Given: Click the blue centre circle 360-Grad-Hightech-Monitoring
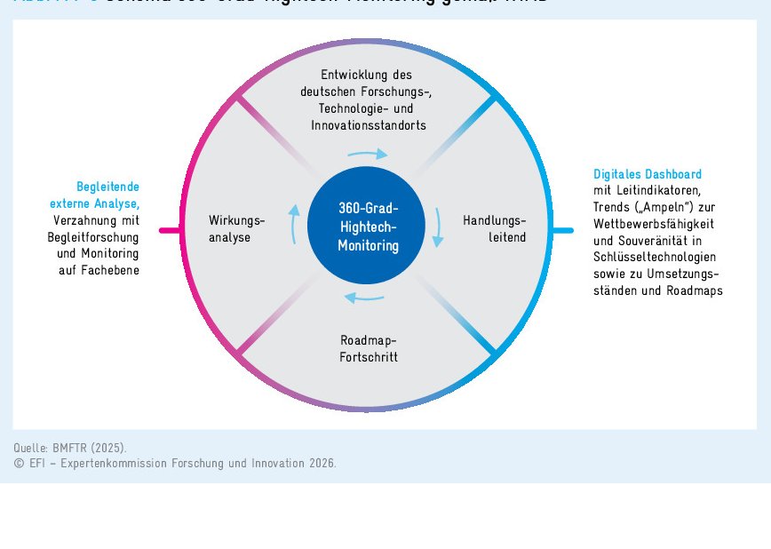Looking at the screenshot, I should [366, 227].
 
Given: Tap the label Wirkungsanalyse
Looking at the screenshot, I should [236, 229].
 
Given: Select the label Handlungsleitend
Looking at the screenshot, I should [494, 229].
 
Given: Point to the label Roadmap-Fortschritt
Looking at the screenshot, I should [368, 349].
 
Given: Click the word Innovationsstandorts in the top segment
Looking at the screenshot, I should [368, 125].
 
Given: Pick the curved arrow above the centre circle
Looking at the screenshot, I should [367, 155].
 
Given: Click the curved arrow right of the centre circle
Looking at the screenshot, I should [437, 227].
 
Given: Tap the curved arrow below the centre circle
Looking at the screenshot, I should [364, 298].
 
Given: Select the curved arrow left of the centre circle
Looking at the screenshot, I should [294, 224].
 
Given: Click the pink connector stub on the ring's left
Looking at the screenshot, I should [170, 231].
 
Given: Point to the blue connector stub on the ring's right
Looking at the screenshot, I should [562, 231].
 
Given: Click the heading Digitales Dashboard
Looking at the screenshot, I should [648, 174].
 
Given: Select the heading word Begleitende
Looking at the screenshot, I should [107, 187].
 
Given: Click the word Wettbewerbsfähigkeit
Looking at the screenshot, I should [654, 224].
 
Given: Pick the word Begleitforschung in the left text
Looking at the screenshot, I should [93, 237].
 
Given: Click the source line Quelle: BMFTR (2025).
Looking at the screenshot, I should [70, 447].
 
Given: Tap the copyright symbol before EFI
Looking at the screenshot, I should [19, 464].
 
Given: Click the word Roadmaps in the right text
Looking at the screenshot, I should [696, 290].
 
